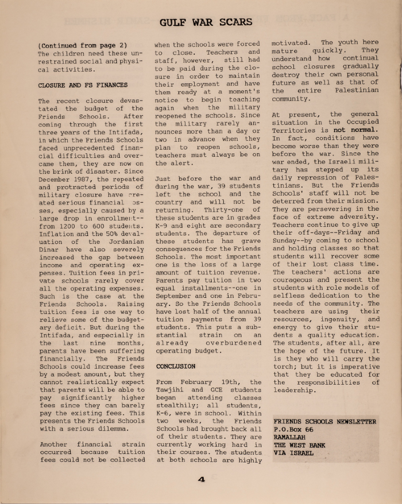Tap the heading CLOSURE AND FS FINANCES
pos(83,85)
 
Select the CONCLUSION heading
pos(175,366)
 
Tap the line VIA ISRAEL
pos(293,453)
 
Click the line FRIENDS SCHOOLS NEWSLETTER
pos(324,421)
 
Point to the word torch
pos(285,366)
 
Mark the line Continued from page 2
pos(82,45)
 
